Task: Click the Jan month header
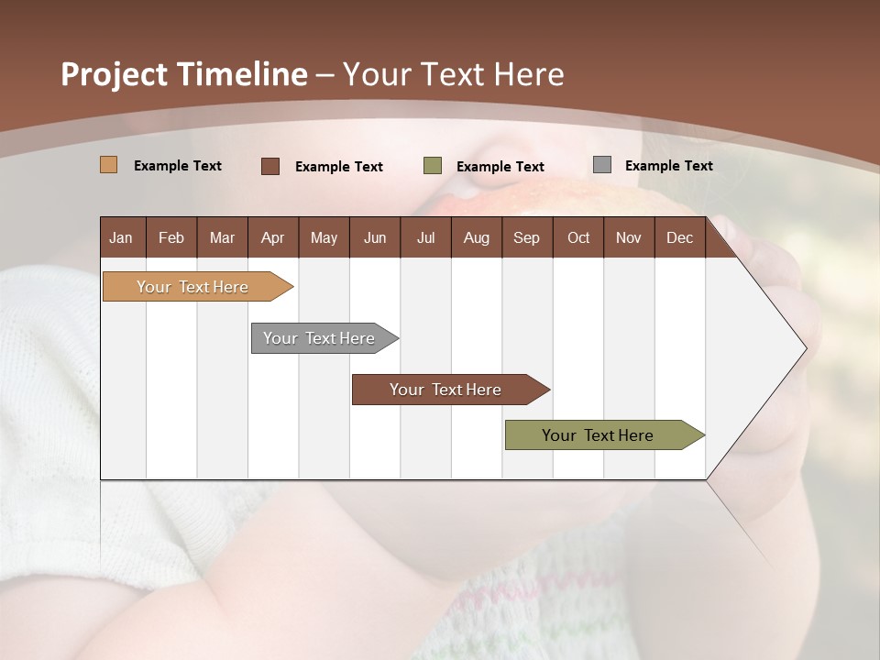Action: pyautogui.click(x=121, y=238)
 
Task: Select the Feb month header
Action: pyautogui.click(x=171, y=238)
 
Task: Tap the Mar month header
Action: pyautogui.click(x=222, y=238)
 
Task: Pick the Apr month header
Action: pyautogui.click(x=272, y=238)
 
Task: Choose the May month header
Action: pyautogui.click(x=324, y=238)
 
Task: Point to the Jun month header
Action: pyautogui.click(x=375, y=238)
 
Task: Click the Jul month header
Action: pyautogui.click(x=425, y=238)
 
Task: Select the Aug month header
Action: pyautogui.click(x=476, y=238)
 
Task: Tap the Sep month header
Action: pyautogui.click(x=526, y=238)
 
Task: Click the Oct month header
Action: pyautogui.click(x=578, y=238)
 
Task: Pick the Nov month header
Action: pyautogui.click(x=628, y=238)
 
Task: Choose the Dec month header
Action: pyautogui.click(x=679, y=238)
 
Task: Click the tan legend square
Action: pyautogui.click(x=109, y=165)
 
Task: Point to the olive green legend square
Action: pyautogui.click(x=433, y=166)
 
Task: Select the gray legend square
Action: pyautogui.click(x=602, y=165)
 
